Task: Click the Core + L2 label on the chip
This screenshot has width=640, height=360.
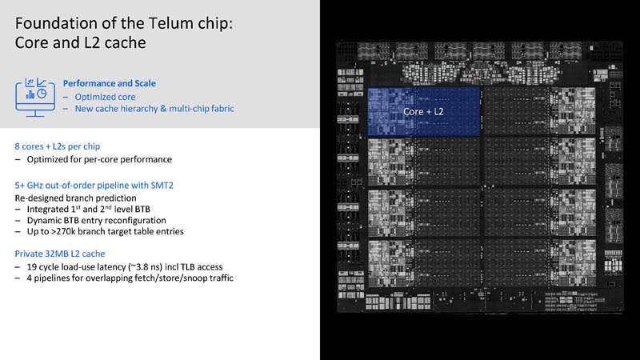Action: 423,111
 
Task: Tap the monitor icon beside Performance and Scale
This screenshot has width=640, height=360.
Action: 35,98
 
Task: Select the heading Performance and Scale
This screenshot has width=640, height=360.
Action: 110,83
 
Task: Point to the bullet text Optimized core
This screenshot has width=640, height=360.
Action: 105,97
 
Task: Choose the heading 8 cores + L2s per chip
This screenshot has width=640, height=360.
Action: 58,146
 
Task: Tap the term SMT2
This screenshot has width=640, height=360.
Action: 162,186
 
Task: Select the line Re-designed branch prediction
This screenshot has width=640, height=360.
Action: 75,198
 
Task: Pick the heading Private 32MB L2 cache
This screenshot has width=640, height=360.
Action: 60,254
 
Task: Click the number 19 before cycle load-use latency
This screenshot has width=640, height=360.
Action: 31,267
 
